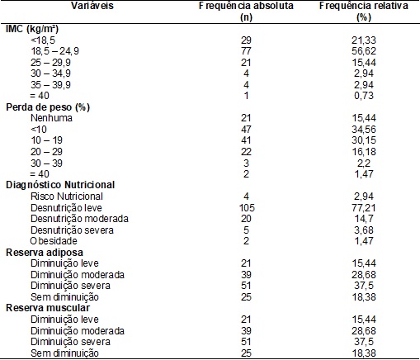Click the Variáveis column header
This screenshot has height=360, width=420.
click(92, 6)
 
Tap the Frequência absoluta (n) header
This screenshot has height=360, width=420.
click(246, 12)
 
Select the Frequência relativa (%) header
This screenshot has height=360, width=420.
click(364, 12)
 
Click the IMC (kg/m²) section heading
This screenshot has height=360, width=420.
click(32, 29)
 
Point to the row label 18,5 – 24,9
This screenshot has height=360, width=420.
click(54, 51)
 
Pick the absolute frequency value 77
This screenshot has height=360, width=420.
click(246, 51)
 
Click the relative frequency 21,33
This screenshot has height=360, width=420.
click(364, 40)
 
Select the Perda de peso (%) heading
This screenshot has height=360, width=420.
click(48, 107)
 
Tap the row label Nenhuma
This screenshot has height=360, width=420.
click(51, 118)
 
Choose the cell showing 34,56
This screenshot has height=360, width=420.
click(364, 130)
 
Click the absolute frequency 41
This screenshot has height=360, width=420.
click(246, 140)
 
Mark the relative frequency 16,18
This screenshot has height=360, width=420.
click(364, 152)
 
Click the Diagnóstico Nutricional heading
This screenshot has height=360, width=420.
click(60, 185)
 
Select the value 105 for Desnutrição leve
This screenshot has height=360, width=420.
click(247, 208)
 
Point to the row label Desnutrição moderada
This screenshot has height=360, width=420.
click(79, 219)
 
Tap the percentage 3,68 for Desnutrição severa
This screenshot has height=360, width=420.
click(364, 230)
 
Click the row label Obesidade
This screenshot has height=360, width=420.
click(54, 241)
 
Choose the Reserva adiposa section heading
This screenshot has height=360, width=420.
click(45, 253)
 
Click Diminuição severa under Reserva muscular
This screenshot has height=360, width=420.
click(70, 342)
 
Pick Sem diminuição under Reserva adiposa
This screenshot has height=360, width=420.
click(64, 297)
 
